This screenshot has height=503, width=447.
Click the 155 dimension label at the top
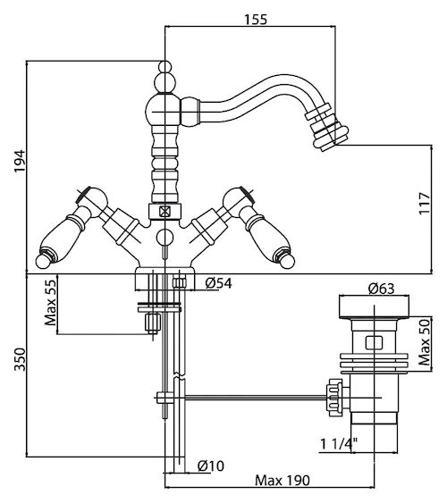tap(256, 20)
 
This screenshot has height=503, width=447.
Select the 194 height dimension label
tap(20, 161)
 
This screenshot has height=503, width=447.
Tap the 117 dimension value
tap(424, 204)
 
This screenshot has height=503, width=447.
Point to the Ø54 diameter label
tap(218, 283)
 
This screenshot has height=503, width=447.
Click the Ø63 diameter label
tap(381, 289)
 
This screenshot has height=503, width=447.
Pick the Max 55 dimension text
tap(50, 303)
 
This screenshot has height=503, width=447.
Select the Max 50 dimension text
tap(425, 342)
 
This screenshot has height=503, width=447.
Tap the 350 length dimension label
tap(20, 359)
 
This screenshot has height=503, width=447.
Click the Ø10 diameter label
tap(211, 465)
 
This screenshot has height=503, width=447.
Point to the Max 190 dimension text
tap(283, 481)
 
